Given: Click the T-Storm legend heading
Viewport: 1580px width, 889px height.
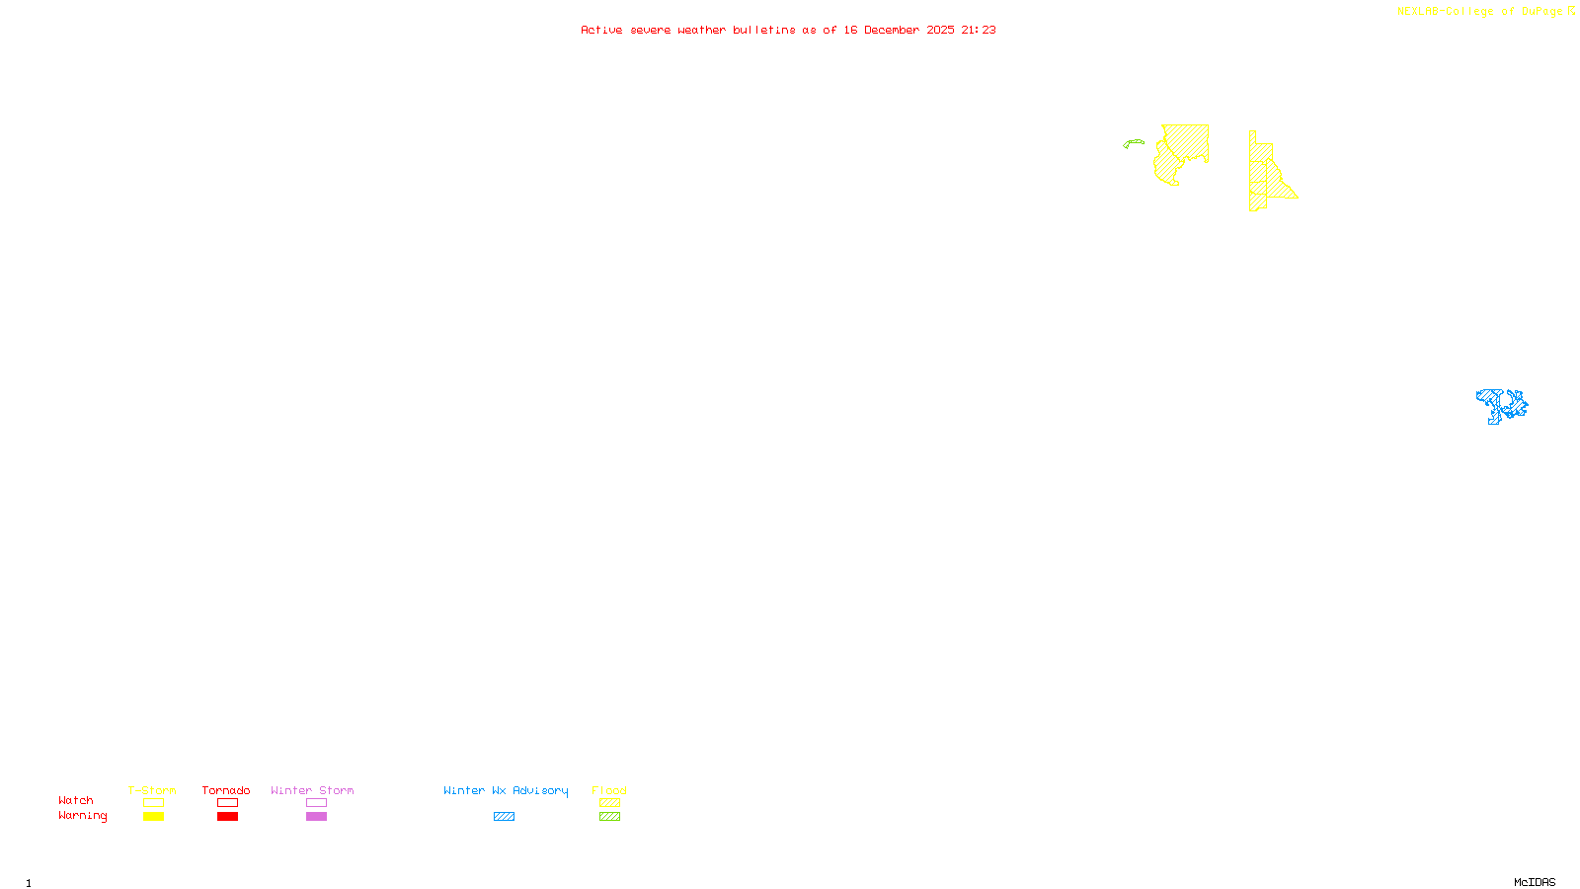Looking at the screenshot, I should (x=152, y=790).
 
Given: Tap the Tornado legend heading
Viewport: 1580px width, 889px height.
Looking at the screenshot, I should (x=226, y=790).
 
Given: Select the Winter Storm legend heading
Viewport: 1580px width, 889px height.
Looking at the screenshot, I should (x=312, y=790).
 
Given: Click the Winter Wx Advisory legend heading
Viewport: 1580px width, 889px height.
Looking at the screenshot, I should (x=506, y=790).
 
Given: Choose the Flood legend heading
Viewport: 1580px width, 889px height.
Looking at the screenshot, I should (x=609, y=790).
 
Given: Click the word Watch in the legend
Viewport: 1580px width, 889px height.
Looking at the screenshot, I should (x=76, y=800).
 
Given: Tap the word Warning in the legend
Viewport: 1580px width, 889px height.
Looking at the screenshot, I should (x=83, y=816).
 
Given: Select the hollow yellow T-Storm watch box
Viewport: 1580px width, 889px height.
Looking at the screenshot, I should (x=153, y=803).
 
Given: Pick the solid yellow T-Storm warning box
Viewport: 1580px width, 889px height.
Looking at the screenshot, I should (x=153, y=817).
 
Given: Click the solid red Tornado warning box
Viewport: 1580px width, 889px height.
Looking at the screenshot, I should (x=227, y=817).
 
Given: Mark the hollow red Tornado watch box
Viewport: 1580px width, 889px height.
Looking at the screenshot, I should (x=227, y=803).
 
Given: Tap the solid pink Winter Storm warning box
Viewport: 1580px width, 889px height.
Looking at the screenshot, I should (x=316, y=817).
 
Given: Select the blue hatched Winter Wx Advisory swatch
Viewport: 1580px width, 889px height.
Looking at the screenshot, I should (x=504, y=817).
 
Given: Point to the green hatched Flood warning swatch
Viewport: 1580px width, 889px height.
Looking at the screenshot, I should (x=609, y=817).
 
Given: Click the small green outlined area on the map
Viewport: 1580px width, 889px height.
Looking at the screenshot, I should (x=1133, y=143).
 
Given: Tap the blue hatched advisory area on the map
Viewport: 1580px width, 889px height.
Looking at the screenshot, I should (x=1501, y=405).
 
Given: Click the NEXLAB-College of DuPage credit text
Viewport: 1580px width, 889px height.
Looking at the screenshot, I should (x=1480, y=12).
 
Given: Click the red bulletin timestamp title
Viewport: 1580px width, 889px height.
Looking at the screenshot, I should (x=788, y=30).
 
